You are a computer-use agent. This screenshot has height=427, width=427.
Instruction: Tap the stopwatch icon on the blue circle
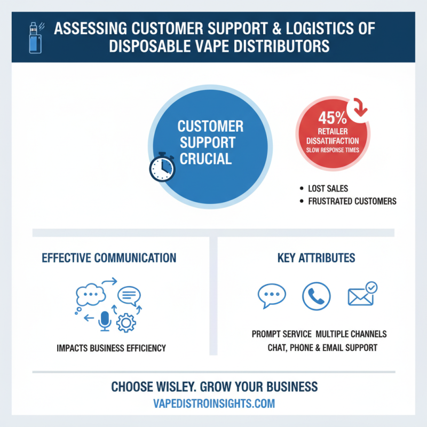162,168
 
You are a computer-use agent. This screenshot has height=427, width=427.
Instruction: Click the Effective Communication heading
109,258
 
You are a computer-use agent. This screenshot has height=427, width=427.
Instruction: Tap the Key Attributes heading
316,258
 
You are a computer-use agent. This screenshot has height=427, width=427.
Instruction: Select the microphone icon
105,320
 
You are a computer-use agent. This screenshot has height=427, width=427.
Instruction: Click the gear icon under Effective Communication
126,322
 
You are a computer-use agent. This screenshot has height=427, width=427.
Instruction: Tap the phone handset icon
316,296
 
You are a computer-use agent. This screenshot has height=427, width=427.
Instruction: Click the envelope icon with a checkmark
361,296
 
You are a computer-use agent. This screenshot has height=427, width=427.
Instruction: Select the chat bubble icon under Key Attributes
272,296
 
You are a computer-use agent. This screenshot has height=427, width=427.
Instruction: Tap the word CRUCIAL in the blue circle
205,159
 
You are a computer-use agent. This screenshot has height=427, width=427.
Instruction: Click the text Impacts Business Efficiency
111,348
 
